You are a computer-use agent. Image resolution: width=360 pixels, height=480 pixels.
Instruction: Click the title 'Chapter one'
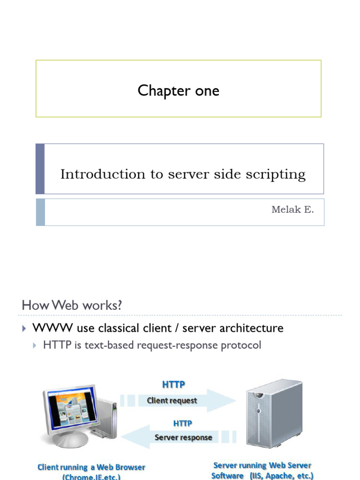pos(179,90)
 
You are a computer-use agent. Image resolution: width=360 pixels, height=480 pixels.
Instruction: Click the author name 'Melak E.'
pos(292,210)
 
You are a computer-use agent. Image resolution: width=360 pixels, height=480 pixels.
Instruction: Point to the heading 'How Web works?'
pos(72,305)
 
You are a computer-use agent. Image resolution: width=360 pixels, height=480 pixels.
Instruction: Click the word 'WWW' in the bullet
pos(46,328)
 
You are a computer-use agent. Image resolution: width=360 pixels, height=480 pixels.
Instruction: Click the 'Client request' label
pos(172,400)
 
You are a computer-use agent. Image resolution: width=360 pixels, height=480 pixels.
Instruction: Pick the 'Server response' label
pos(183,437)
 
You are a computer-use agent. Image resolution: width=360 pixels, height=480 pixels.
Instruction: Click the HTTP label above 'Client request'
pos(173,384)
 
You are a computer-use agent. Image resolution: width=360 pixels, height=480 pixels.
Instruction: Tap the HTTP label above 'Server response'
pos(183,423)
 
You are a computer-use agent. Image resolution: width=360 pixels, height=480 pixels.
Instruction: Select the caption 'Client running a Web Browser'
pos(91,467)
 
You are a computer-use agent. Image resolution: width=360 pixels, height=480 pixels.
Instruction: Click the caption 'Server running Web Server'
pos(262,465)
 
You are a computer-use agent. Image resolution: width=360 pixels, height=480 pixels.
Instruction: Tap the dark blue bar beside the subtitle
pos(40,169)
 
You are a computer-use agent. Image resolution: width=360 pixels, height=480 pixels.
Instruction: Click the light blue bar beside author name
pos(40,212)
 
